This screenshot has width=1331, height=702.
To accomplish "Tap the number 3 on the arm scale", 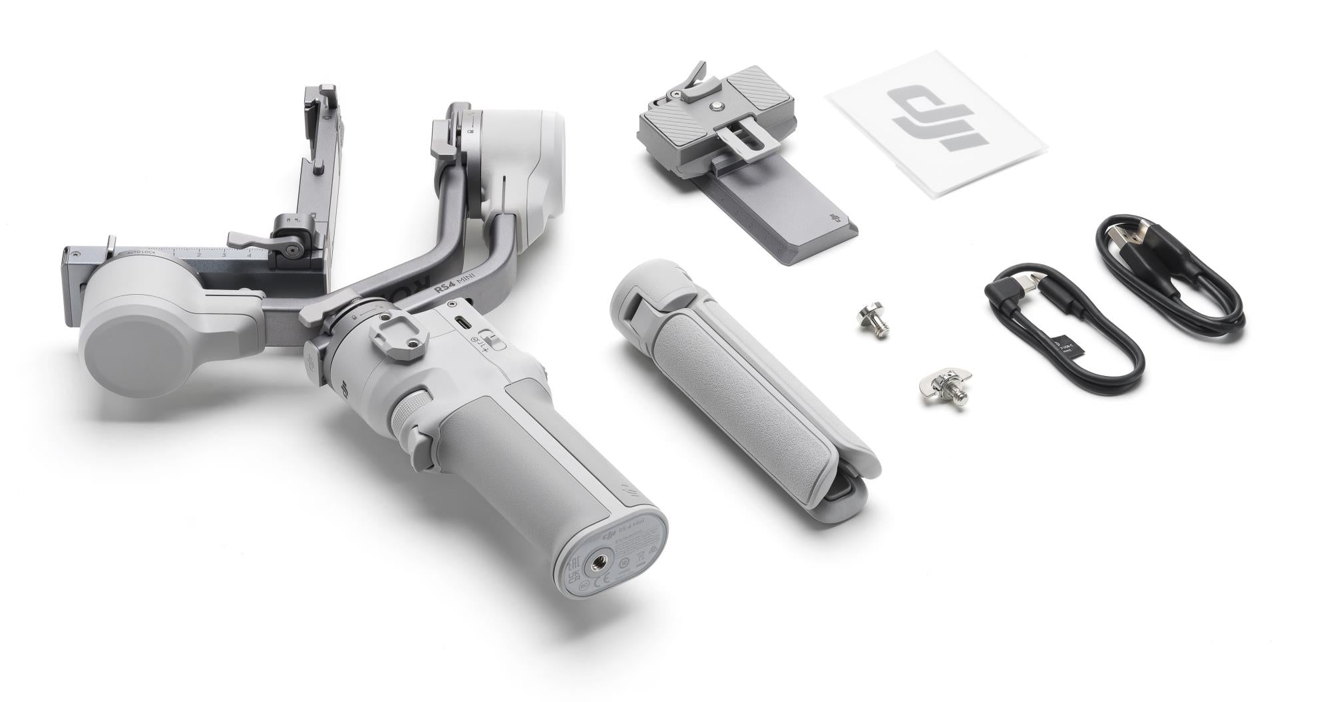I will [224, 255].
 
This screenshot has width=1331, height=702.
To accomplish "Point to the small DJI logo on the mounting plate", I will [834, 218].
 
